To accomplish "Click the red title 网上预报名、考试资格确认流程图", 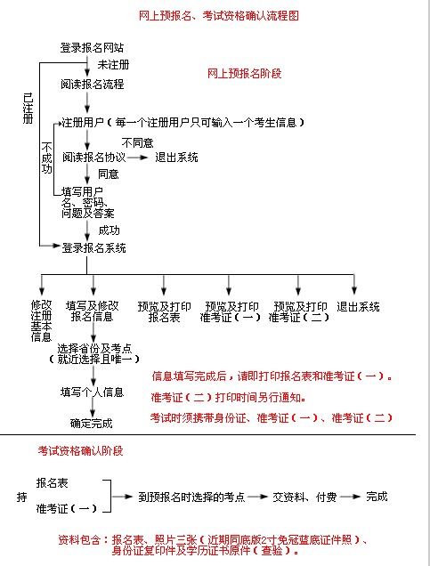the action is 219,16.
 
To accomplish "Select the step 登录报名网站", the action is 92,48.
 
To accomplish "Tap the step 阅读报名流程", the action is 93,85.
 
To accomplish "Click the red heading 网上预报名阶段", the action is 244,74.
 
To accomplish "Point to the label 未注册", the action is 113,65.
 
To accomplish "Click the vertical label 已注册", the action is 28,109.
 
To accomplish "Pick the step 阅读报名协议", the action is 93,158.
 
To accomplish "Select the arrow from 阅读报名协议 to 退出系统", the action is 137,158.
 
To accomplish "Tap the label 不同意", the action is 137,143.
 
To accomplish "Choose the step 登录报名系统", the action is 93,248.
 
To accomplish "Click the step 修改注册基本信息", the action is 41,321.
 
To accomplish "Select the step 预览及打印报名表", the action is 165,311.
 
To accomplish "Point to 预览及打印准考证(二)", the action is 299,311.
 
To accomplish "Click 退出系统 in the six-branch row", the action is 358,307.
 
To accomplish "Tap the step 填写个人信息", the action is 92,392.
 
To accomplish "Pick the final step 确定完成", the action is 92,423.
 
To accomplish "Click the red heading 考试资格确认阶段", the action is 80,451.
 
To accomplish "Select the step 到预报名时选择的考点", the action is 191,497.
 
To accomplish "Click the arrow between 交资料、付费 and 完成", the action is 350,497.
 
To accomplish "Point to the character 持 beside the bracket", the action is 21,497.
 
